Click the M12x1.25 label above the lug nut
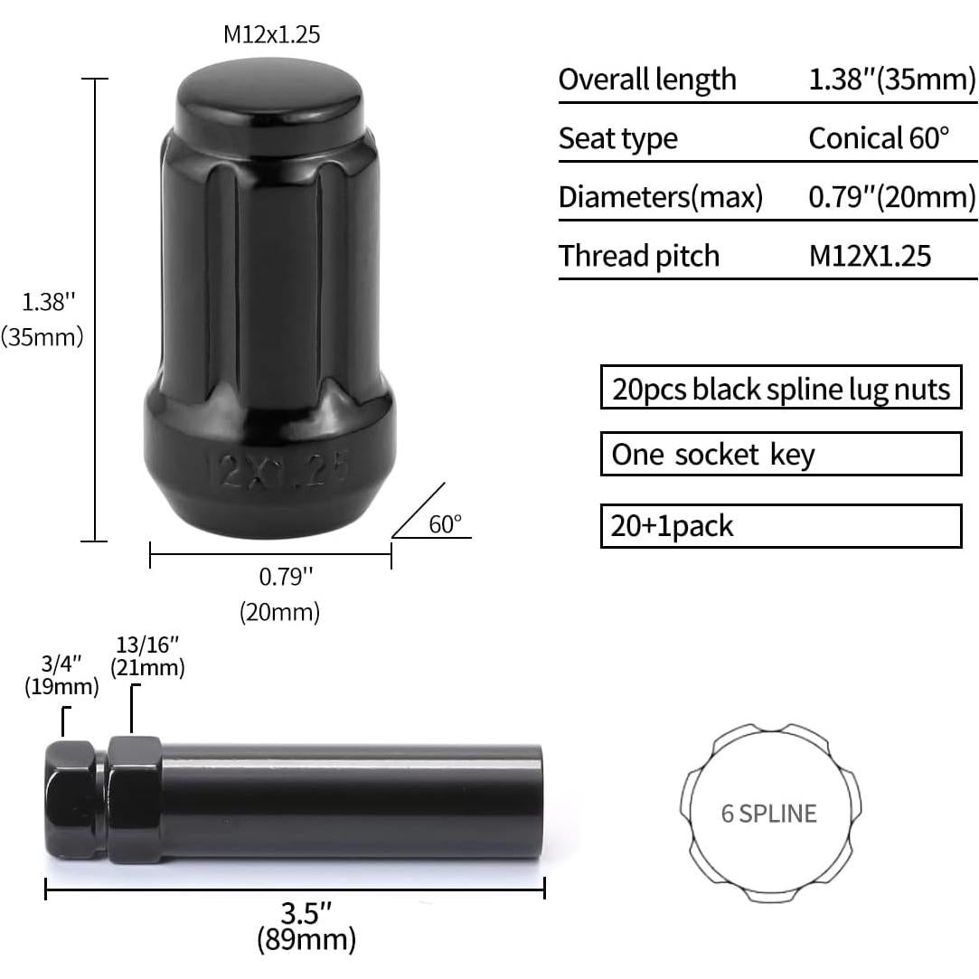(x=271, y=35)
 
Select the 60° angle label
(x=445, y=524)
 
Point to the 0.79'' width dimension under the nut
(x=279, y=575)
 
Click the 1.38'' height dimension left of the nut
(x=43, y=301)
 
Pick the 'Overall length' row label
(x=647, y=80)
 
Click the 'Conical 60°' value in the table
(x=879, y=138)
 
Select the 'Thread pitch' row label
(x=638, y=256)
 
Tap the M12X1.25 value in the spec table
(x=869, y=256)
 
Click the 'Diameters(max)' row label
(x=660, y=197)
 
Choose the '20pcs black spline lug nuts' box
(x=780, y=389)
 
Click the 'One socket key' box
(x=780, y=454)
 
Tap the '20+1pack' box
(x=780, y=526)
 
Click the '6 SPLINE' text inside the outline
(x=768, y=813)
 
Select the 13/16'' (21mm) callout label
(x=147, y=656)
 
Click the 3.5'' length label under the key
(x=306, y=908)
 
